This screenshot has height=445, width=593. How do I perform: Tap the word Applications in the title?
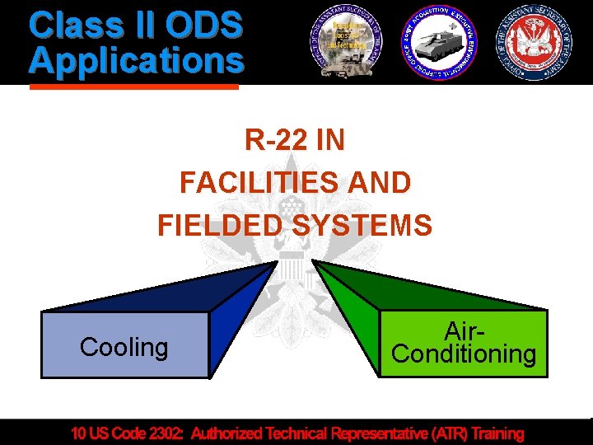pyautogui.click(x=136, y=60)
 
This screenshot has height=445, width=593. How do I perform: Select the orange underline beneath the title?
pyautogui.click(x=133, y=85)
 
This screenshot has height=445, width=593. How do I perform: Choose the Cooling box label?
pyautogui.click(x=124, y=347)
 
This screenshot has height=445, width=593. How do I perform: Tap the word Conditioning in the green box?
pyautogui.click(x=464, y=354)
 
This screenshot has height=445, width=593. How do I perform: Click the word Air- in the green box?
pyautogui.click(x=464, y=331)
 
